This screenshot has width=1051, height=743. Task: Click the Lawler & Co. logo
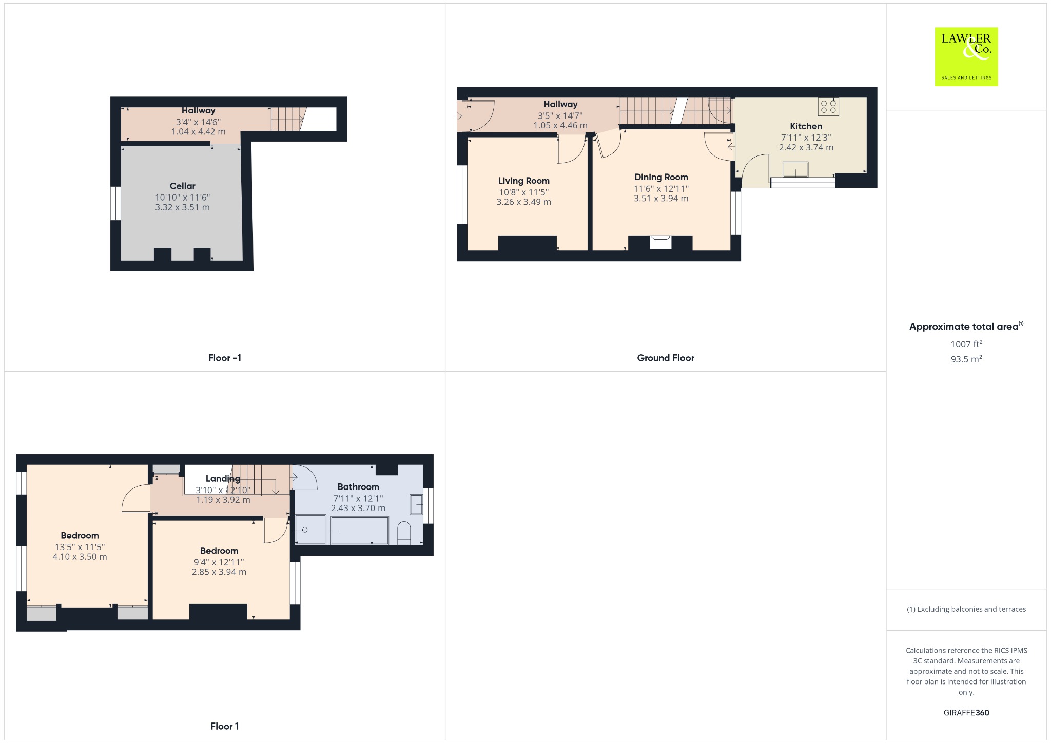pyautogui.click(x=966, y=56)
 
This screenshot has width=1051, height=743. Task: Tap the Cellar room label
pyautogui.click(x=182, y=186)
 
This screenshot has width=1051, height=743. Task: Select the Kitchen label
pyautogui.click(x=806, y=126)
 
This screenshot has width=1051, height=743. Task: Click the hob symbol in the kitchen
pyautogui.click(x=828, y=107)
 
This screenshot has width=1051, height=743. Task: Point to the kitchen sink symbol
pyautogui.click(x=795, y=169)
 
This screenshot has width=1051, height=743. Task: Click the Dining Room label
pyautogui.click(x=661, y=177)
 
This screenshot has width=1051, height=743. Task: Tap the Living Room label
pyautogui.click(x=523, y=181)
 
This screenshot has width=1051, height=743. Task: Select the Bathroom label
pyautogui.click(x=358, y=487)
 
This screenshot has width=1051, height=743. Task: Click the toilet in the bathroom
pyautogui.click(x=404, y=534)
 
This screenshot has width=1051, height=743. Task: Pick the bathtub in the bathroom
pyautogui.click(x=359, y=531)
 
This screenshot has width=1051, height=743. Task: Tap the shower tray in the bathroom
pyautogui.click(x=310, y=530)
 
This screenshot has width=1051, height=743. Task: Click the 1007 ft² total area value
pyautogui.click(x=966, y=344)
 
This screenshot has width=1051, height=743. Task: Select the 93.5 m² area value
pyautogui.click(x=966, y=359)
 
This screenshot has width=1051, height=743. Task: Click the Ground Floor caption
pyautogui.click(x=666, y=358)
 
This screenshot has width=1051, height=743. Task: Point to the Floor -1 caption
pyautogui.click(x=225, y=358)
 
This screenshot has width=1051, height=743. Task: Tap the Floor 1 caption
pyautogui.click(x=225, y=726)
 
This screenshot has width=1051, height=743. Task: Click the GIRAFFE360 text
pyautogui.click(x=966, y=713)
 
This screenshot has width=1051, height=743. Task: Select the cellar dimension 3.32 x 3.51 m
pyautogui.click(x=182, y=207)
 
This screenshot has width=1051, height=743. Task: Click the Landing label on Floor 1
pyautogui.click(x=223, y=479)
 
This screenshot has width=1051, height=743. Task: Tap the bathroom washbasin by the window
pyautogui.click(x=416, y=504)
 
